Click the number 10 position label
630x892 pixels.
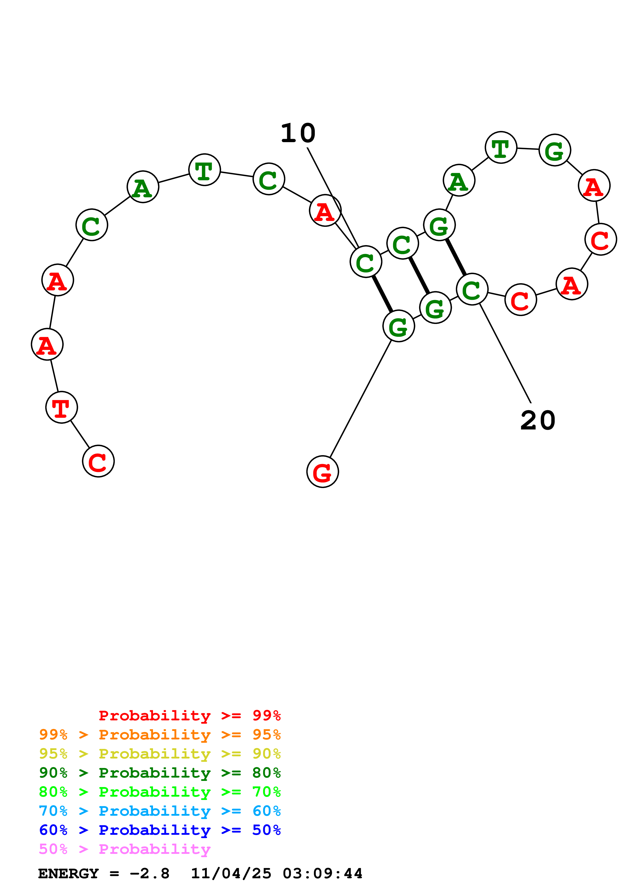(298, 133)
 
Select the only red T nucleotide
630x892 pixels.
(61, 407)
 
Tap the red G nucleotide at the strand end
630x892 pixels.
(322, 472)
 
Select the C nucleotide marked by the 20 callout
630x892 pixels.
(472, 289)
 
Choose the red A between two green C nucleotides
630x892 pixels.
(325, 210)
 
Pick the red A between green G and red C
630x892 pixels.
(594, 185)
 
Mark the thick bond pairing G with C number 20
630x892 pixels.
(456, 257)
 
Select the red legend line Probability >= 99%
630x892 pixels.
(189, 715)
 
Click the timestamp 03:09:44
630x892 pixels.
(322, 873)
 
